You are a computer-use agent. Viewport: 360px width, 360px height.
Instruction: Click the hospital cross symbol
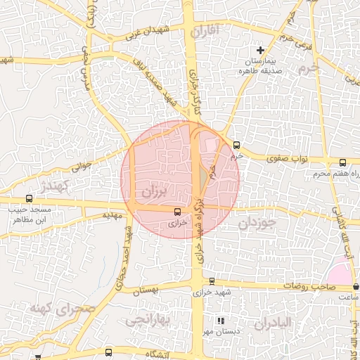coord(261,50)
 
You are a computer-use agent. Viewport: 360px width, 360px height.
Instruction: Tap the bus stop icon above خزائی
coord(177,210)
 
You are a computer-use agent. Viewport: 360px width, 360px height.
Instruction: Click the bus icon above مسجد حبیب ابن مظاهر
coord(29,199)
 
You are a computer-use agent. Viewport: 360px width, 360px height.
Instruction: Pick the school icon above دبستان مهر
coord(220,321)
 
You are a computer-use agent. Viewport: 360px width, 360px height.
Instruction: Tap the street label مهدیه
coord(112,214)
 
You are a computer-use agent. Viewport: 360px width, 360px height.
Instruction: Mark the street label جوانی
coord(82,167)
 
